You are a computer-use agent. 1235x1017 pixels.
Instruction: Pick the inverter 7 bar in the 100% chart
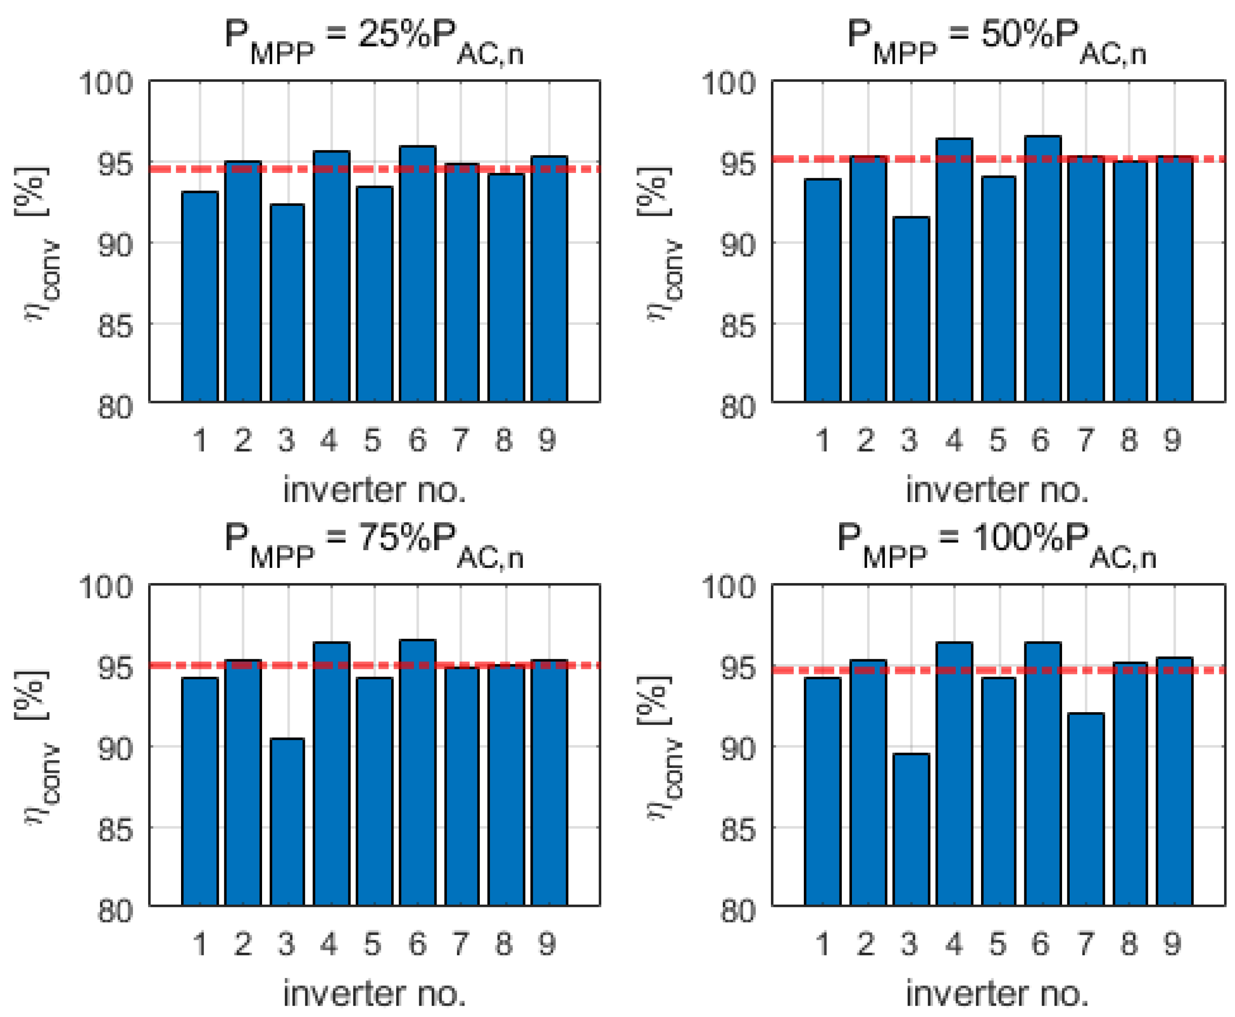click(x=1085, y=809)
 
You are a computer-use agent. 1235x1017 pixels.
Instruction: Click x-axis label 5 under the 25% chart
click(x=373, y=441)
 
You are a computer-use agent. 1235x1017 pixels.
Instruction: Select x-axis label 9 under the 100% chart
click(x=1172, y=944)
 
